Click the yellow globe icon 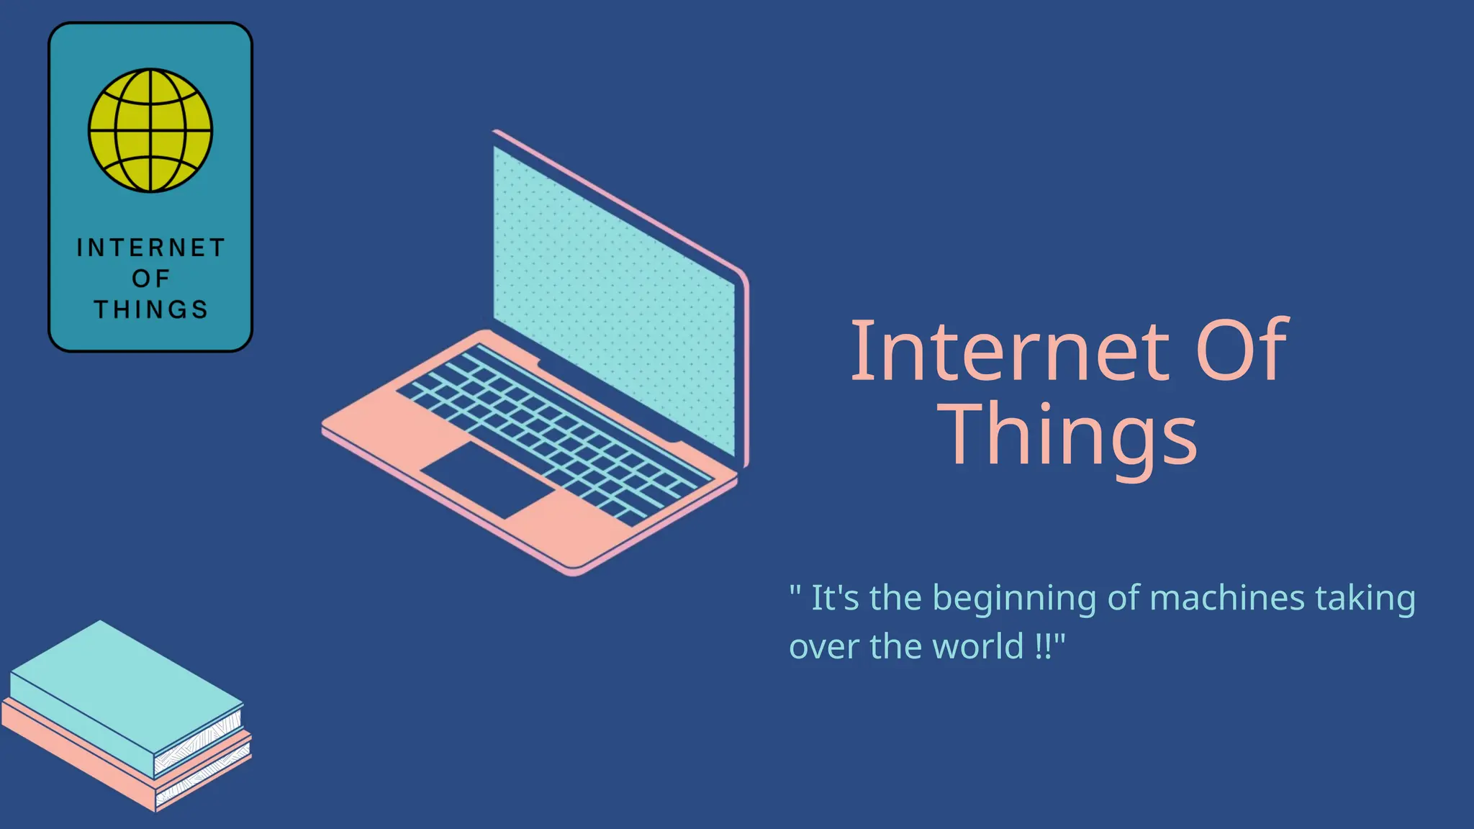point(150,130)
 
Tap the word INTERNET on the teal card point(151,248)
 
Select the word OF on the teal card point(151,278)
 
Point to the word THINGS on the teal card point(151,309)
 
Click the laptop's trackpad point(488,479)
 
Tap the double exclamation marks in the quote point(1042,646)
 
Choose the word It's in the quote point(835,598)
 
